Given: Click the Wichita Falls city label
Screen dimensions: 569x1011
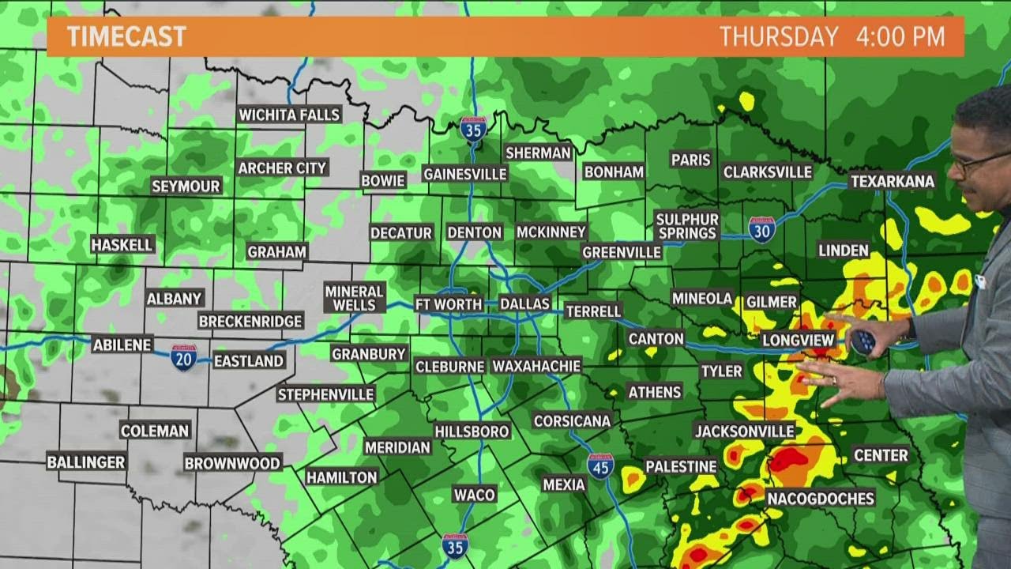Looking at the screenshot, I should (x=289, y=115).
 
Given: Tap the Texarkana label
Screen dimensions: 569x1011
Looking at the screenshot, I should (x=893, y=182).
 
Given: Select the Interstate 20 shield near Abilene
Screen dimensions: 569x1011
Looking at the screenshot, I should (x=183, y=356).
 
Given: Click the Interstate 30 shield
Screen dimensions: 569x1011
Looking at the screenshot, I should (x=761, y=229).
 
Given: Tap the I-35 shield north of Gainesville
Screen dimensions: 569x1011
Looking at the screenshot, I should (x=473, y=129).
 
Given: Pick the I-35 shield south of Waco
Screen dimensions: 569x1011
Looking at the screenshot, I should (x=455, y=546).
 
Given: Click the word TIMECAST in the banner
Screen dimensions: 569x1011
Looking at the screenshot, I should (x=126, y=36).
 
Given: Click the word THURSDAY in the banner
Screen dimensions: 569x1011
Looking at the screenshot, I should (x=778, y=36).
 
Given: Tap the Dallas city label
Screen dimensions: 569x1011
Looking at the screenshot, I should (x=524, y=303).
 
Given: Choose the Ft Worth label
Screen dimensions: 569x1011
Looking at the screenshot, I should (x=448, y=303).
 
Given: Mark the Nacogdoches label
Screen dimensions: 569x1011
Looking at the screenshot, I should (x=821, y=498).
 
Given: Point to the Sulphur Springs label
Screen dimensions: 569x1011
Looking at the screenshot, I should (x=686, y=226).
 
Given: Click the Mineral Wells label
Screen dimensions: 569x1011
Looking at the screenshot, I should (x=354, y=298).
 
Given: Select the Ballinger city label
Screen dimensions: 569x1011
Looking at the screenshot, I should (x=86, y=462).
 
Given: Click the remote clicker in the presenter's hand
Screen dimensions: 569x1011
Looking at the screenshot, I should (x=863, y=341).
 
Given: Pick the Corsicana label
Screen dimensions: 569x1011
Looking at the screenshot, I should (x=573, y=420).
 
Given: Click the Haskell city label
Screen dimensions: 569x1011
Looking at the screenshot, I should (x=122, y=245).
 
